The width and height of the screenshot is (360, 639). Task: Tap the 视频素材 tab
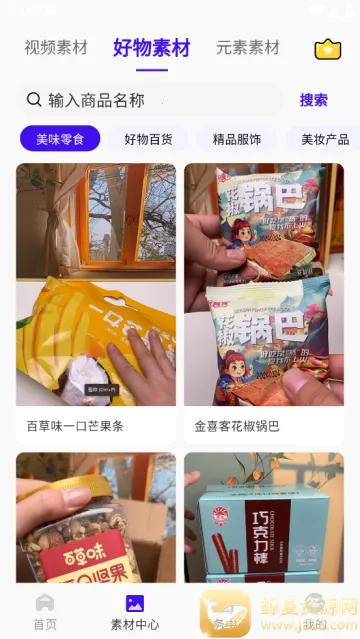56,48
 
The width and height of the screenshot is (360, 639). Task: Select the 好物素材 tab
152,48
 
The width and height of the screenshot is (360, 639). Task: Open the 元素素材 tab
247,48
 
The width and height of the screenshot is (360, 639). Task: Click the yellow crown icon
327,50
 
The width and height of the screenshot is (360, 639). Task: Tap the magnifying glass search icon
34,99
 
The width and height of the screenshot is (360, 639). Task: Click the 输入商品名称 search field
150,99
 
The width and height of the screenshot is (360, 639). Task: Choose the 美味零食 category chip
60,139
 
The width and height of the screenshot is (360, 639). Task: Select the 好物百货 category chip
148,139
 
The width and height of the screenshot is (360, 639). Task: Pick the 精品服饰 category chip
237,139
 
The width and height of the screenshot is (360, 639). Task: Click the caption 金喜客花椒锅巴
237,426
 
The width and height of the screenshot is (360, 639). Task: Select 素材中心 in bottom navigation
134,609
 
